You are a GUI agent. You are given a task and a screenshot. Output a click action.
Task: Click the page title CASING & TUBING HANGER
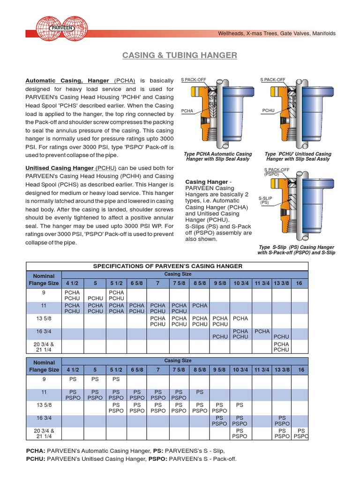[x=180, y=56]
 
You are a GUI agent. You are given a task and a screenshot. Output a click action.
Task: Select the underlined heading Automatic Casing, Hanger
[x=67, y=81]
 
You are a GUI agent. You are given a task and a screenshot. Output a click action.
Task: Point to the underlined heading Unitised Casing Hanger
[x=59, y=168]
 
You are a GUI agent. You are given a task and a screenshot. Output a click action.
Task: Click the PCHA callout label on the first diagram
[x=187, y=111]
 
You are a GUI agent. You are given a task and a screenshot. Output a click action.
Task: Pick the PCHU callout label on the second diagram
[x=268, y=111]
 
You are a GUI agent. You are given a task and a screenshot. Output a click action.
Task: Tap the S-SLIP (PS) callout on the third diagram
[x=265, y=201]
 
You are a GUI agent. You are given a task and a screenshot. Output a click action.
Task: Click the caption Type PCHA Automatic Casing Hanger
[x=218, y=157]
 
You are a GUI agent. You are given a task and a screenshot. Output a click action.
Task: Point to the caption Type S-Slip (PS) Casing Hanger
[x=296, y=250]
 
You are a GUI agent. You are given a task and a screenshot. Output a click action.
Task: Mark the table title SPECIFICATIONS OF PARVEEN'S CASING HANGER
[x=167, y=266]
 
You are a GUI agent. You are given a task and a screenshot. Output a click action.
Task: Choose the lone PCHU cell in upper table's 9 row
[x=95, y=298]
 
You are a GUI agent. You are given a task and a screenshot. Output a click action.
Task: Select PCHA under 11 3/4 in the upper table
[x=262, y=331]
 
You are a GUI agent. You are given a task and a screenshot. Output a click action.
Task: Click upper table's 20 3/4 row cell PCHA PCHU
[x=281, y=347]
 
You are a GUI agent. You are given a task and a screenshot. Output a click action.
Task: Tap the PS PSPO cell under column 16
[x=301, y=434]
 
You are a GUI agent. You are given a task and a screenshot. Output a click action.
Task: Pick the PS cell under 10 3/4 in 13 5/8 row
[x=240, y=405]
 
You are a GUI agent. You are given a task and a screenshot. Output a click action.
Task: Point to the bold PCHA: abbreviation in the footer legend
[x=36, y=450]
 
